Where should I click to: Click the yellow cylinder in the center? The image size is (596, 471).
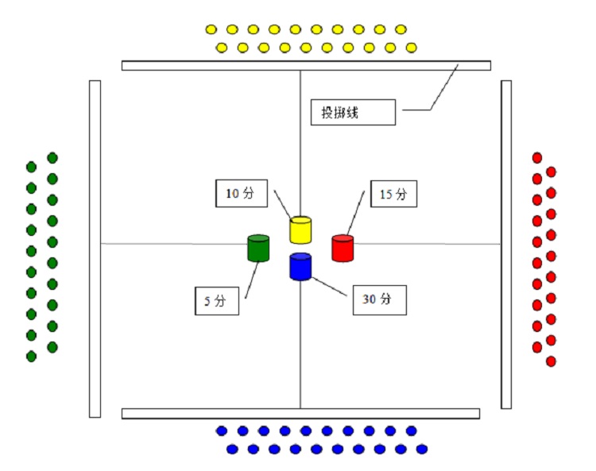pyautogui.click(x=300, y=230)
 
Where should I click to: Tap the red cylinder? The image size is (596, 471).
pyautogui.click(x=343, y=248)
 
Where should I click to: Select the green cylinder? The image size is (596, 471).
pyautogui.click(x=259, y=248)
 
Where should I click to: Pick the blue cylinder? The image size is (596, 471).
pyautogui.click(x=300, y=266)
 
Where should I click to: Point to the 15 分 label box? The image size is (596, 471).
pyautogui.click(x=393, y=194)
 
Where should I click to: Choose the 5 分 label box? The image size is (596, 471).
pyautogui.click(x=217, y=302)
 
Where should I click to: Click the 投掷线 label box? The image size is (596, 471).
pyautogui.click(x=352, y=112)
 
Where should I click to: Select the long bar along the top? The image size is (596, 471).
pyautogui.click(x=306, y=65)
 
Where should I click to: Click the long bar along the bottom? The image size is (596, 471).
pyautogui.click(x=300, y=413)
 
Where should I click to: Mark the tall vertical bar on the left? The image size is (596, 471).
pyautogui.click(x=95, y=248)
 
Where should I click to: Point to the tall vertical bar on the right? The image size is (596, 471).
pyautogui.click(x=506, y=244)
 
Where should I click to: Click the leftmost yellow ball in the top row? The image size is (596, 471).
pyautogui.click(x=211, y=30)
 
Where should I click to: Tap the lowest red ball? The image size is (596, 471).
pyautogui.click(x=551, y=361)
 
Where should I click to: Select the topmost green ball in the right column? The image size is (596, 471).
pyautogui.click(x=52, y=157)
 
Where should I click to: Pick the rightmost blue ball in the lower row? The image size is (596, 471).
pyautogui.click(x=422, y=449)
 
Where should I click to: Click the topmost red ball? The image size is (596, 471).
pyautogui.click(x=537, y=157)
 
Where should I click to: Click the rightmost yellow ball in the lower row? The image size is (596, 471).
pyautogui.click(x=410, y=48)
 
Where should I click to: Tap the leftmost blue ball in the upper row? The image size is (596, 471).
pyautogui.click(x=222, y=430)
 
